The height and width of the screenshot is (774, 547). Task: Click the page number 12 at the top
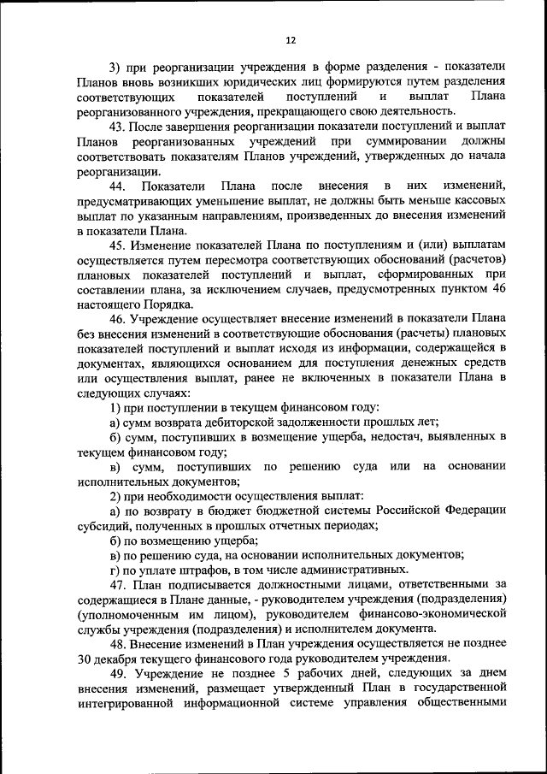point(290,40)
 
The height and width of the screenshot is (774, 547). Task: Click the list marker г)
point(116,570)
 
